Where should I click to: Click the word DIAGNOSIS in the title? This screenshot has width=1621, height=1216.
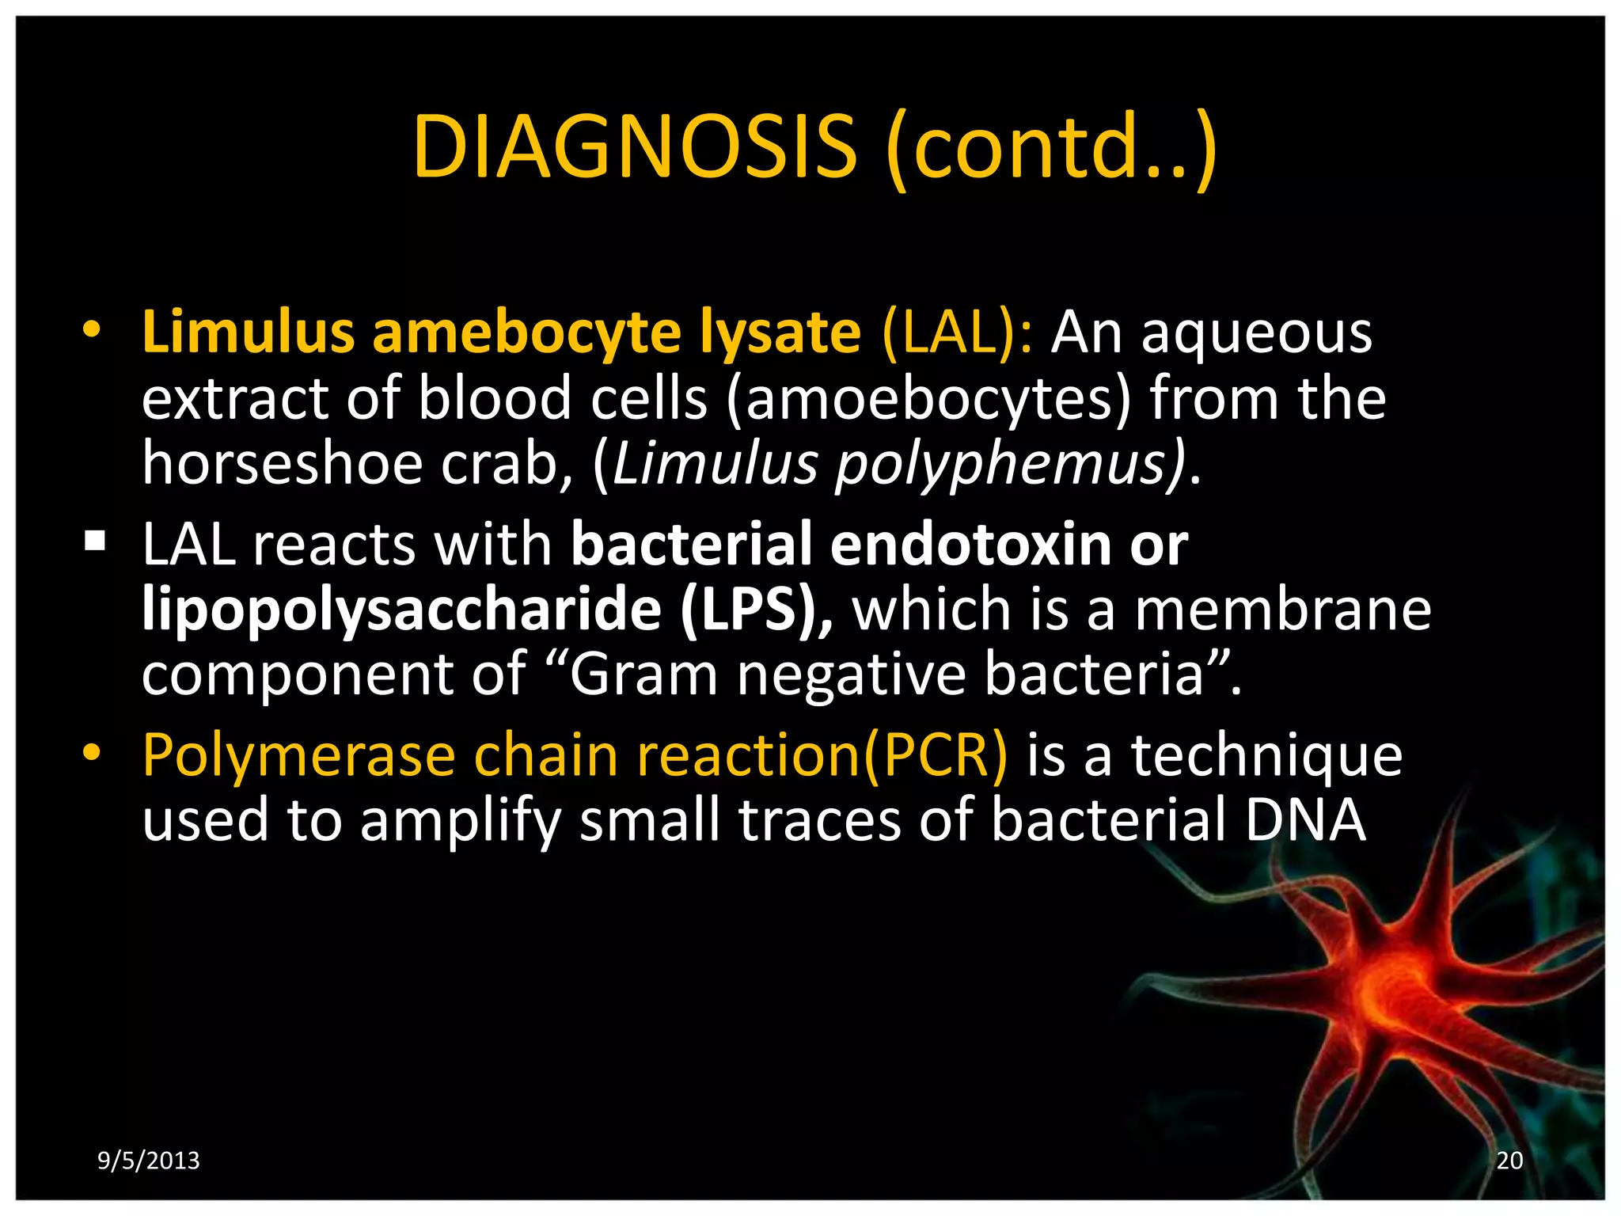[x=634, y=147]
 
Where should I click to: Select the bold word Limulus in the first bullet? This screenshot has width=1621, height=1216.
[x=248, y=332]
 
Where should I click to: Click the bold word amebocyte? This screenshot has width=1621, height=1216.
[x=526, y=333]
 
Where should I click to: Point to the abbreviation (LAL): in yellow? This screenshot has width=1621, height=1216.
[x=957, y=333]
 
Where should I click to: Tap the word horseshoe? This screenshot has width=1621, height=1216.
[x=283, y=463]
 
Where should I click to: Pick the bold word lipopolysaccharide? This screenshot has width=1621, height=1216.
[x=401, y=610]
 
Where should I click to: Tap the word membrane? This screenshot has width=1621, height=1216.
[x=1282, y=610]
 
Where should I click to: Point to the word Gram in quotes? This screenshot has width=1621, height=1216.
[x=642, y=674]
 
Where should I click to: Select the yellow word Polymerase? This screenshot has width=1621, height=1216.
[x=298, y=755]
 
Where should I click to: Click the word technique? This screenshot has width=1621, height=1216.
[x=1266, y=755]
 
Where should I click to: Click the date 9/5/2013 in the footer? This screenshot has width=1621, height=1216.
[x=148, y=1161]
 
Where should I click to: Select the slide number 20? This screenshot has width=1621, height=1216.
[x=1509, y=1161]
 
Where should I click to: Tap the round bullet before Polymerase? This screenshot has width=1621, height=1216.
[x=92, y=753]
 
